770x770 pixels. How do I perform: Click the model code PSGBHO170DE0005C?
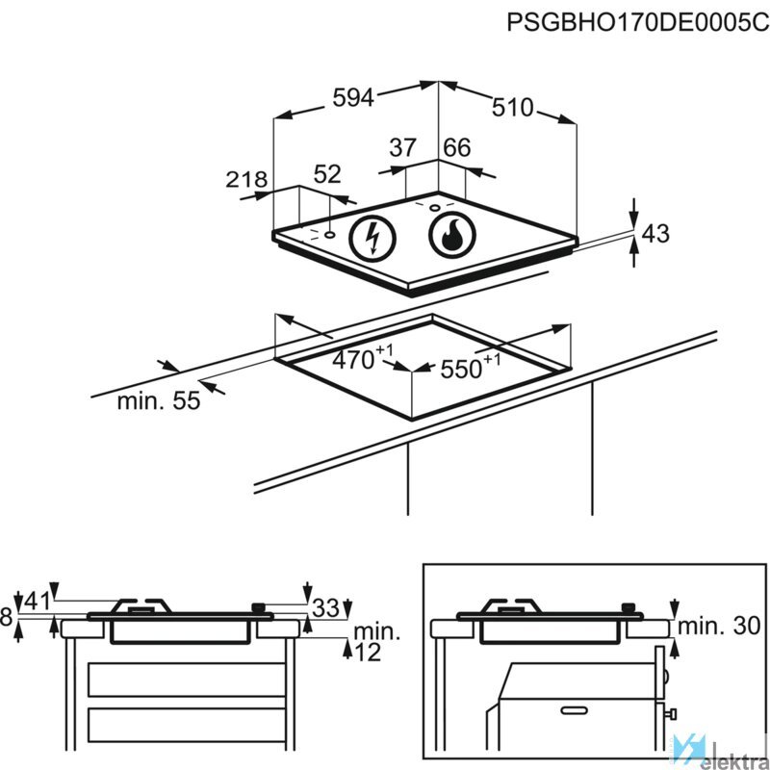pos(638,23)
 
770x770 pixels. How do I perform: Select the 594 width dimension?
pos(352,97)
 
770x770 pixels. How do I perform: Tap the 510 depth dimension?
pos(512,109)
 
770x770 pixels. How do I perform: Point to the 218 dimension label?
pos(245,179)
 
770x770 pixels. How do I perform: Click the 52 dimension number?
pos(327,174)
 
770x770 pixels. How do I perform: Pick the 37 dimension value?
pos(402,148)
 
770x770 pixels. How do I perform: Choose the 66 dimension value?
pos(457,148)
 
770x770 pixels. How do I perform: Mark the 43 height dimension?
pos(654,232)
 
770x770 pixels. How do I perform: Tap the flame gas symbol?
pos(449,235)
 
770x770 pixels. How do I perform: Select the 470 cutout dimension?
pos(359,361)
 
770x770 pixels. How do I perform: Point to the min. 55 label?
pos(159,401)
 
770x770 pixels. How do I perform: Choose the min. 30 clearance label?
pos(721,627)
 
